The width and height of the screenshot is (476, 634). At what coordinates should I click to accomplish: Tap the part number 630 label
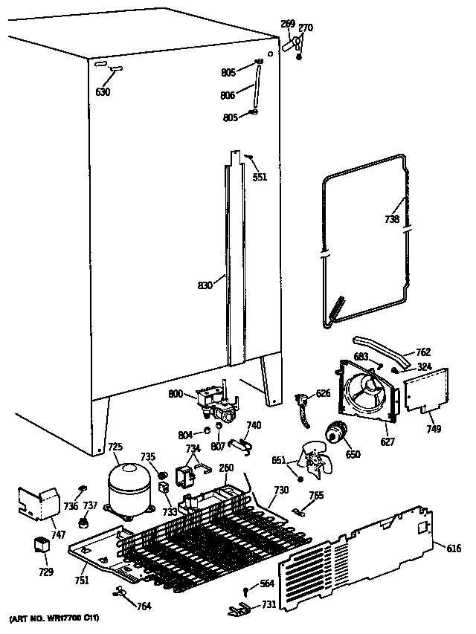pos(103,92)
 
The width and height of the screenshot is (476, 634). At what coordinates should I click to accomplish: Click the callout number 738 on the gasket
pos(392,219)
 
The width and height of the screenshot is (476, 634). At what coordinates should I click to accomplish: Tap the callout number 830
pos(206,284)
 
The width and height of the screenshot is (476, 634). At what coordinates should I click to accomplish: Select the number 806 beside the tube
pos(228,95)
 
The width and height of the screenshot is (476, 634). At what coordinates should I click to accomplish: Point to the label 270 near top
pos(306,28)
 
